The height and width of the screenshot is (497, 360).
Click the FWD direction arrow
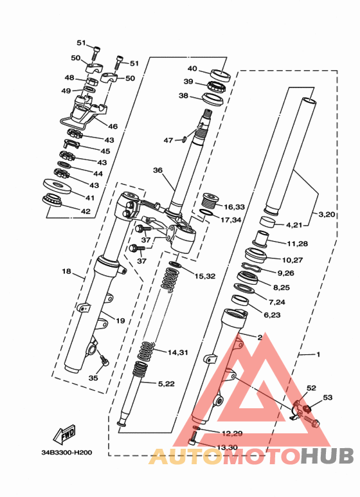[x=64, y=434]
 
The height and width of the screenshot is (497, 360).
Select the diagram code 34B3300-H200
[x=67, y=452]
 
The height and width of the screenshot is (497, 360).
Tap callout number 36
[x=157, y=170]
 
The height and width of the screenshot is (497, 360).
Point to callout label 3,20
[x=327, y=214]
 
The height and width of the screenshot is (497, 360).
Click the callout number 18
[x=67, y=271]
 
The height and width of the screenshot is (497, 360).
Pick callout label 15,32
[x=205, y=276]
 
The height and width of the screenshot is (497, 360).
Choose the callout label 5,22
[x=166, y=384]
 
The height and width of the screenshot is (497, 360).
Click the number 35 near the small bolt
[x=93, y=378]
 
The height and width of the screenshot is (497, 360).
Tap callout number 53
[x=328, y=397]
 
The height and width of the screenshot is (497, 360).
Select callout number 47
[x=168, y=140]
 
